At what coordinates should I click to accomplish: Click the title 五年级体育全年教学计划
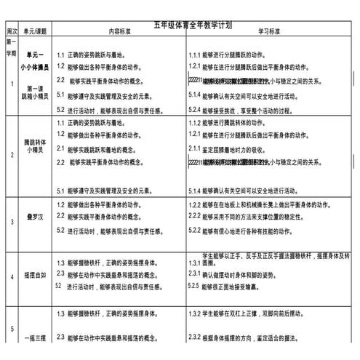click(x=193, y=25)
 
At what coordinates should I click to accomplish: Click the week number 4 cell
click(x=11, y=277)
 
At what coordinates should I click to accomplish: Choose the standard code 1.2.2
click(x=195, y=204)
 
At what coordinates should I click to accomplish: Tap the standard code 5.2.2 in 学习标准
click(x=195, y=230)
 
